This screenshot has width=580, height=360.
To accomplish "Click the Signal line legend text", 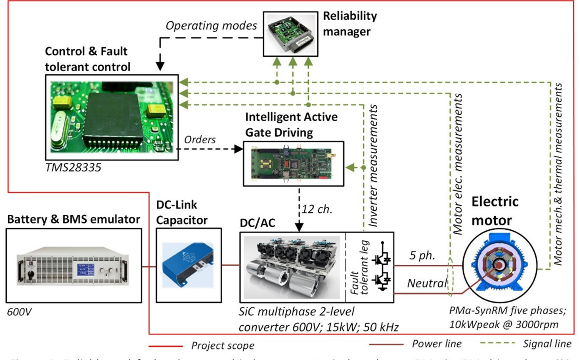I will pos(547,344).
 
